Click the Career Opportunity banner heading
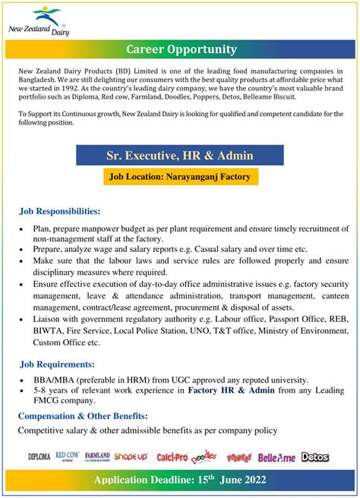181,49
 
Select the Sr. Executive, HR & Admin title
180,155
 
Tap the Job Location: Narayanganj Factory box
180,177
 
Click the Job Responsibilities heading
59,210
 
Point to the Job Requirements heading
57,364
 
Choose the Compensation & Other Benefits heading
83,416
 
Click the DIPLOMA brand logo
38,458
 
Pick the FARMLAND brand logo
97,457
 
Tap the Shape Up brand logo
131,457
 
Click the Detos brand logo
314,457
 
